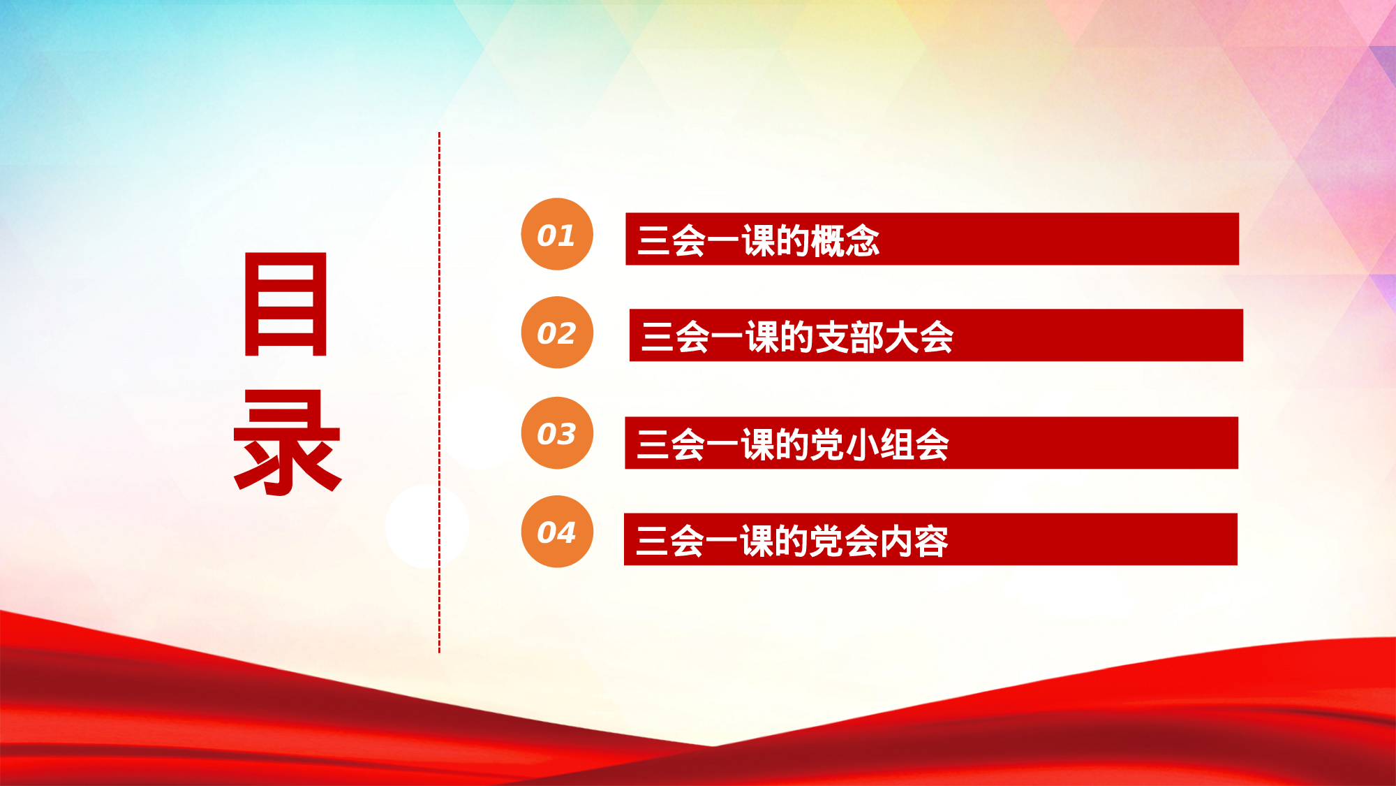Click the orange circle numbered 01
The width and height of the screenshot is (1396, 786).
coord(557,234)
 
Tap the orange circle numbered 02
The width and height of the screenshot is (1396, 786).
coord(557,333)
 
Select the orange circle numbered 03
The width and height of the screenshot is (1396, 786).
coord(557,433)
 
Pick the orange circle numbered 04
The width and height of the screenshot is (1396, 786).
coord(557,532)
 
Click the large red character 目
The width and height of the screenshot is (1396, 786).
coord(285,305)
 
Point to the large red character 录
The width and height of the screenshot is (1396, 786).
coord(287,443)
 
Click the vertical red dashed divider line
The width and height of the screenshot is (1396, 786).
coord(439,391)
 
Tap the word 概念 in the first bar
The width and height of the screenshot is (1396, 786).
coord(845,240)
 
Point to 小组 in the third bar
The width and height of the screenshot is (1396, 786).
coord(879,444)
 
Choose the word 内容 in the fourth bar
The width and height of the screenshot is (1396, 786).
coord(914,541)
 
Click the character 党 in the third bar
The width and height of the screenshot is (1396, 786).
coord(827,444)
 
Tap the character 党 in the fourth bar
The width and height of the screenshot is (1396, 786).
coord(826,541)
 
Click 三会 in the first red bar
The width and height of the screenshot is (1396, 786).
coord(671,240)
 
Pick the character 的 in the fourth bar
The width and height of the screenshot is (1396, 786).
coord(792,541)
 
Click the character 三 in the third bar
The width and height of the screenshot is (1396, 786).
coord(653,444)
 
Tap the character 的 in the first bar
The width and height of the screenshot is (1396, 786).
coord(793,240)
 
